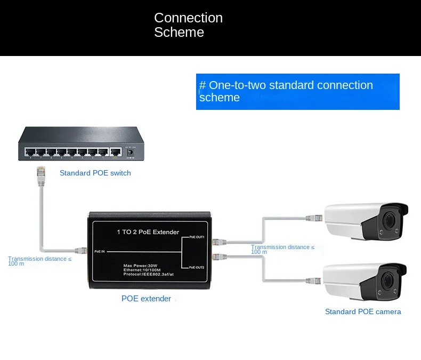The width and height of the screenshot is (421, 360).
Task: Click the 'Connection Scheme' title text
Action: tap(188, 25)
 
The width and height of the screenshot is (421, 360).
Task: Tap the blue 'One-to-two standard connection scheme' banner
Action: tap(297, 91)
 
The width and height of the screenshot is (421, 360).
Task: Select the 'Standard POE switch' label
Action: tap(95, 173)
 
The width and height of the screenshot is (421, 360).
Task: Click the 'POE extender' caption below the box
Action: tap(146, 299)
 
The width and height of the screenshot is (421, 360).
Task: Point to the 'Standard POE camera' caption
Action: tap(363, 311)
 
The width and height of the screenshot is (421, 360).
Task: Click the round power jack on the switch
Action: tap(129, 153)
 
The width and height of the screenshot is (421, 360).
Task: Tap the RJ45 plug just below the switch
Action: tap(41, 173)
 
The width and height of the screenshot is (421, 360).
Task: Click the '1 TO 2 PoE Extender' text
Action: tap(148, 232)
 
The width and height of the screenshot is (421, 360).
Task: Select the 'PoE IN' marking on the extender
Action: tap(100, 251)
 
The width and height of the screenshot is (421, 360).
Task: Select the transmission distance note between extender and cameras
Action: tap(282, 249)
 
